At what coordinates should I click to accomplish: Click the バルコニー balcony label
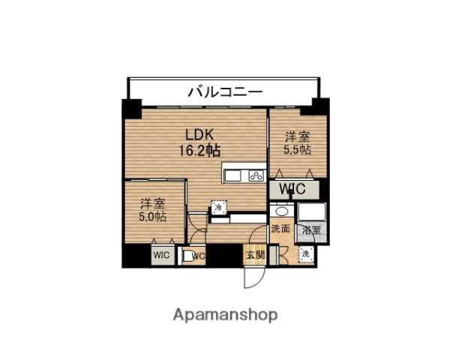pos(224,91)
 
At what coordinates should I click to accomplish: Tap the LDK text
pos(200,135)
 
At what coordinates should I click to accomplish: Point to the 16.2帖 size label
pos(199,150)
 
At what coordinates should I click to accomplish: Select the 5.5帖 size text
pos(297,149)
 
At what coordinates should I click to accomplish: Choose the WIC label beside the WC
pos(162,255)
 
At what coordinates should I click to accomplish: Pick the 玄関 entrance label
pos(254,255)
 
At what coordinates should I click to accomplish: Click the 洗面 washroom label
pos(280,229)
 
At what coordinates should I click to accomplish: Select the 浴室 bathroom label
pos(310,230)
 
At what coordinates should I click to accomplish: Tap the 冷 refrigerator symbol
pos(217,207)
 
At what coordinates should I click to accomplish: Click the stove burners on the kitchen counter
pos(255,175)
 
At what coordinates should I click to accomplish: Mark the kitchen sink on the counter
pos(232,175)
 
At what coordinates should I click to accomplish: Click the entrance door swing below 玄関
pos(253,279)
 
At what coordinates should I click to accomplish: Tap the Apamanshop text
pos(225,314)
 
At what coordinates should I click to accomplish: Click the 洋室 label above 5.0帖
pos(153,203)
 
